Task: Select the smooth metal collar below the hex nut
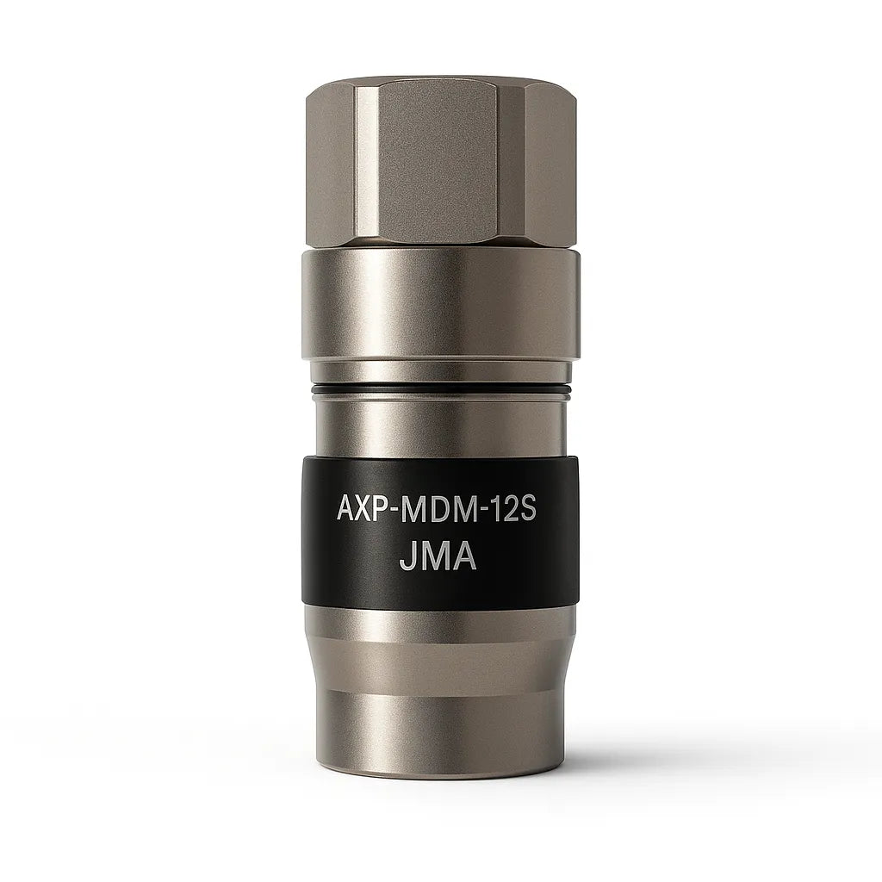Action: pyautogui.click(x=440, y=301)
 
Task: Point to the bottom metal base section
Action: pyautogui.click(x=440, y=689)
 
